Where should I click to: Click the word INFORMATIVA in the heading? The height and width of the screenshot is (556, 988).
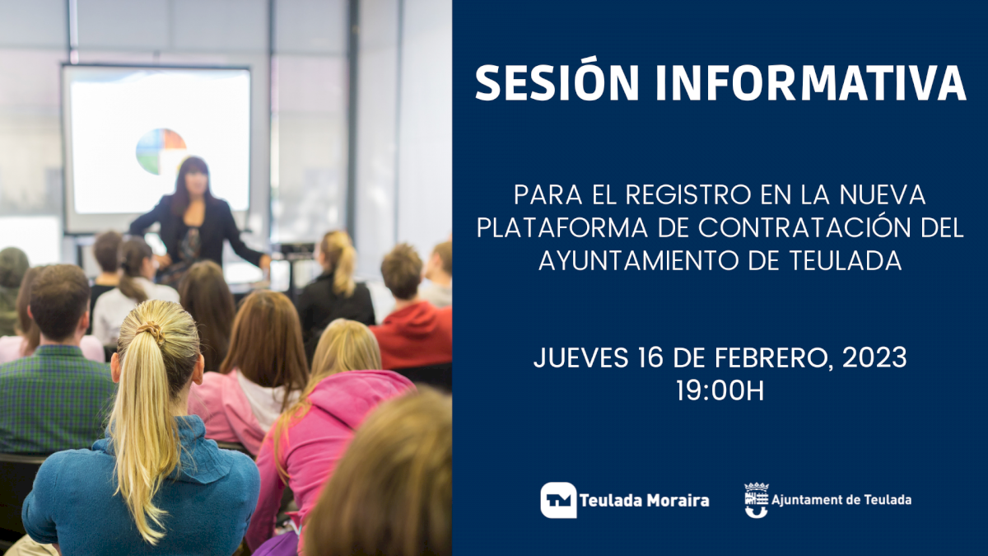811,83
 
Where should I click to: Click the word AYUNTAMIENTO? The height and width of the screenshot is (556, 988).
639,260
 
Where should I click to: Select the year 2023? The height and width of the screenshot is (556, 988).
874,357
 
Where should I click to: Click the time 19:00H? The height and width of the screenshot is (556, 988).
720,390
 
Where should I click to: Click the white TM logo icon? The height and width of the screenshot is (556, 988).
558,500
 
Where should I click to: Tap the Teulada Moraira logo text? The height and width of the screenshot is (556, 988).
645,501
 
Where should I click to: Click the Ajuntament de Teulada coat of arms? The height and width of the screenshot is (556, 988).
757,499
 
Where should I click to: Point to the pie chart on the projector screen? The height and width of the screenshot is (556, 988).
160,151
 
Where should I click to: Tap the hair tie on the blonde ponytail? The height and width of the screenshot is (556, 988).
151,330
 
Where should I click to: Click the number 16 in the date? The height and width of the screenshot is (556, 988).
650,357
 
